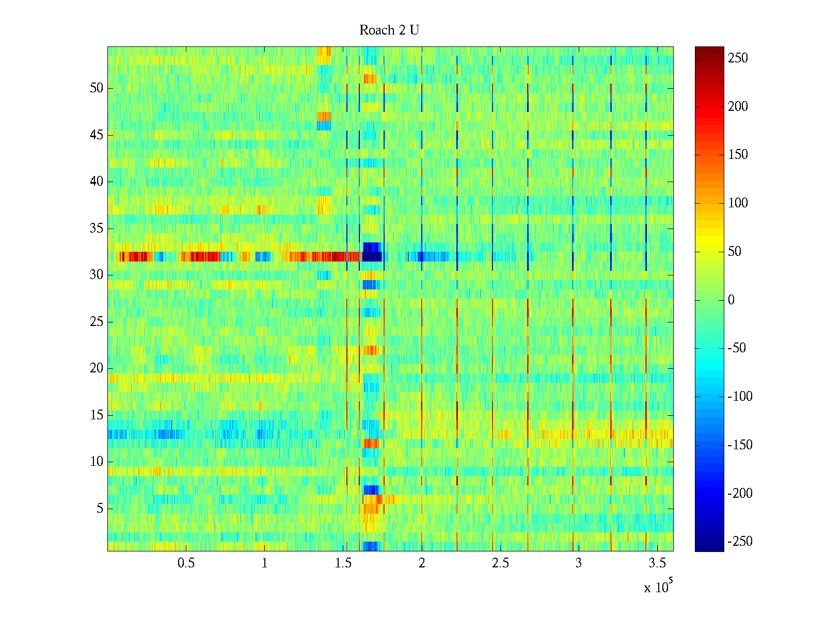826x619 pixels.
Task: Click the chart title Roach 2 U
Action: point(389,30)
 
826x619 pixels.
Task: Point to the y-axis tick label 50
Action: point(97,88)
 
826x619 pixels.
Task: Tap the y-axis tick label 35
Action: point(97,229)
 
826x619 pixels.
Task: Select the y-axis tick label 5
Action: point(100,509)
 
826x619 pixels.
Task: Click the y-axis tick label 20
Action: point(97,368)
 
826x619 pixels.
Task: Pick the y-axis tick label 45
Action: point(97,135)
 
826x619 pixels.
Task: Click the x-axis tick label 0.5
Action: point(186,563)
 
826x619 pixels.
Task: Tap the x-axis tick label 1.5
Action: point(343,563)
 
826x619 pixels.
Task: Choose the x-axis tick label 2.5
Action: point(500,563)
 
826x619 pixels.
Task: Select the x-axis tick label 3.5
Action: point(657,563)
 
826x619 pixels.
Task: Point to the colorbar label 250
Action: point(738,58)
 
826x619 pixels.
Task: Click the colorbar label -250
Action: point(740,542)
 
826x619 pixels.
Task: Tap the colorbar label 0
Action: point(731,300)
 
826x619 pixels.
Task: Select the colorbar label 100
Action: point(738,203)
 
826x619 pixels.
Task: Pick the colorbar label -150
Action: point(740,445)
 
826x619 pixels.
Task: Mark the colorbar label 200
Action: point(738,107)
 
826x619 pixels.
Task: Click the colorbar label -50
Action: point(737,348)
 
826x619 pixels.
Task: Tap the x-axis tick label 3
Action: point(579,563)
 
